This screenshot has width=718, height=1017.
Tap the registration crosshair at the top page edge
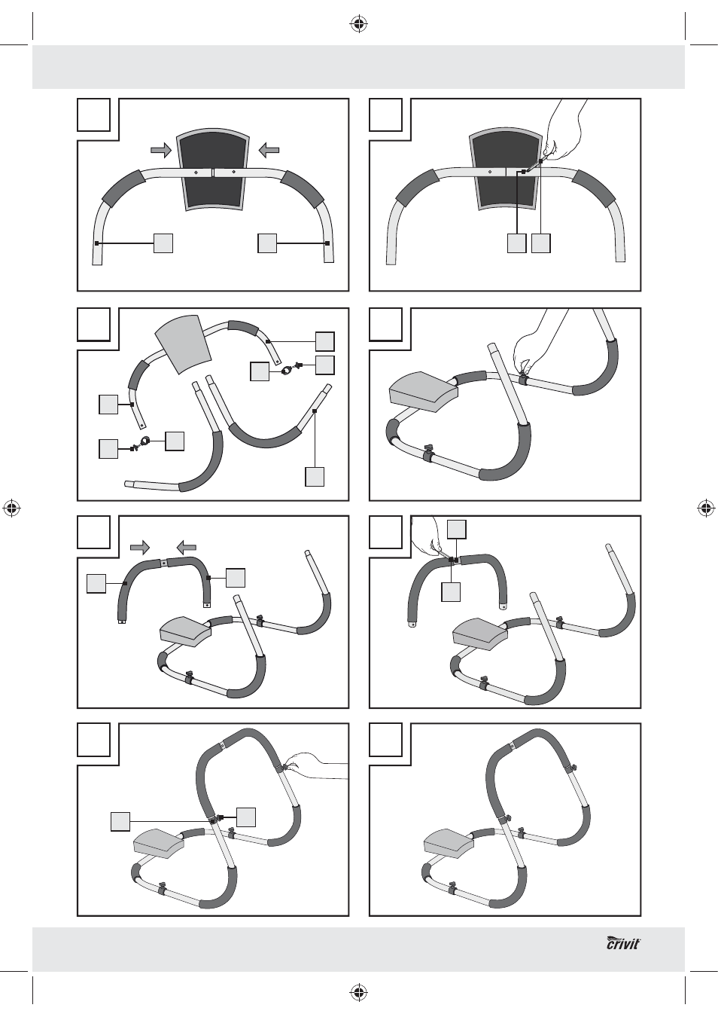point(359,25)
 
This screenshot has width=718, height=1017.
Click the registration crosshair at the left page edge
point(12,508)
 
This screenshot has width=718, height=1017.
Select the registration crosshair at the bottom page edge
point(359,992)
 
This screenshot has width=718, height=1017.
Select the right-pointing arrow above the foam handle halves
point(140,548)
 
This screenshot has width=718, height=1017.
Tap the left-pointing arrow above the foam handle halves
point(187,548)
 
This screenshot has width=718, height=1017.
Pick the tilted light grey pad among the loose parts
point(183,344)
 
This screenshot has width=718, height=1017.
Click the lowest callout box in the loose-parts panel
point(315,477)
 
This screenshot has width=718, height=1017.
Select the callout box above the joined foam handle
point(457,529)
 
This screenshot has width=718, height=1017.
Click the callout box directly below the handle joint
point(451,592)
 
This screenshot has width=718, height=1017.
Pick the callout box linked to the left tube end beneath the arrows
point(163,243)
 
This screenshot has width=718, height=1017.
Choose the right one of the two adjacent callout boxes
point(541,243)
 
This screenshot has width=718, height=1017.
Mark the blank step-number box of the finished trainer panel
point(385,740)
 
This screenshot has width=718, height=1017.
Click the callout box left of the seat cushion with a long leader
point(120,822)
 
